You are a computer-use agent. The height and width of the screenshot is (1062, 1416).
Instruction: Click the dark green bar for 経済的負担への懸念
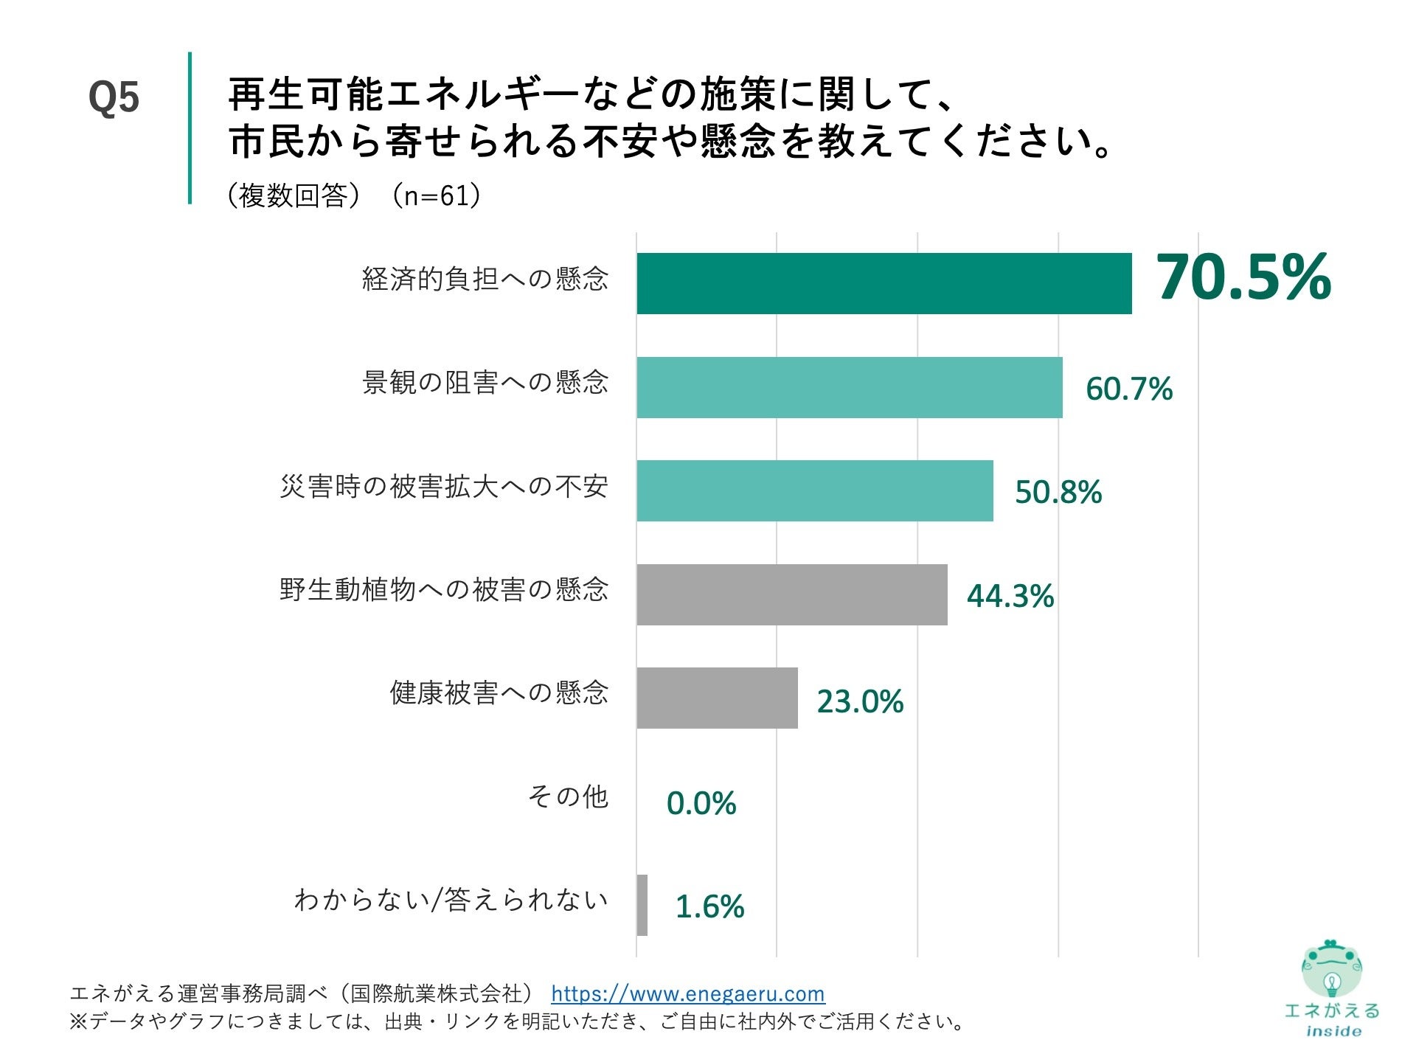(884, 283)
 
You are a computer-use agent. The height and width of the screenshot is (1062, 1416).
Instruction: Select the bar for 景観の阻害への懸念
(849, 387)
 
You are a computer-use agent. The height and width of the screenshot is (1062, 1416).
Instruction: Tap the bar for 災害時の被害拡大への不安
(814, 490)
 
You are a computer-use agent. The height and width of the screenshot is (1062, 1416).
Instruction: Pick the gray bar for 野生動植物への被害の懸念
(791, 594)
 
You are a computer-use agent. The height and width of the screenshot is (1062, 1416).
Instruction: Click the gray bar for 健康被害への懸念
(717, 698)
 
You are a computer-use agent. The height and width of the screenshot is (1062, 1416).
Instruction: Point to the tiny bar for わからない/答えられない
(642, 905)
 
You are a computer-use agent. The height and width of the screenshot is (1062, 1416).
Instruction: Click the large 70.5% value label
(1243, 278)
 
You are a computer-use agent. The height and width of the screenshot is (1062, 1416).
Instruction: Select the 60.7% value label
(1128, 389)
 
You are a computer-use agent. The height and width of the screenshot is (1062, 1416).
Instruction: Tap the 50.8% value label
(1058, 492)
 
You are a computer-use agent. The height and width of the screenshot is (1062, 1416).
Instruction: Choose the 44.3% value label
(1010, 596)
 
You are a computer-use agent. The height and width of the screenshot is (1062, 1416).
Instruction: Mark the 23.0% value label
(860, 701)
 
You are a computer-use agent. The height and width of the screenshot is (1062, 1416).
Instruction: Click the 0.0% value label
(701, 803)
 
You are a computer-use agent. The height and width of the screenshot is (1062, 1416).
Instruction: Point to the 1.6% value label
(709, 906)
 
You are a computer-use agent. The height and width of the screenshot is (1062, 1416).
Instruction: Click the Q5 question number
(114, 97)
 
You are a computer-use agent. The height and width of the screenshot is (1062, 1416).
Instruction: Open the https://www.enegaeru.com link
(687, 993)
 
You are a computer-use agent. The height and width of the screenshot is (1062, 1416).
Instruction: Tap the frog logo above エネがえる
(1331, 968)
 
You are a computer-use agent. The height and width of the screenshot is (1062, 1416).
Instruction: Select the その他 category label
(567, 796)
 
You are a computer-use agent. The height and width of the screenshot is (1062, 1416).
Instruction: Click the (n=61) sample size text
(436, 195)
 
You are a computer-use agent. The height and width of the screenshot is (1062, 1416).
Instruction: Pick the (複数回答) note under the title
(294, 195)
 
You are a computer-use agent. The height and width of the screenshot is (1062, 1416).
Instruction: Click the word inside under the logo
(1333, 1031)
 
